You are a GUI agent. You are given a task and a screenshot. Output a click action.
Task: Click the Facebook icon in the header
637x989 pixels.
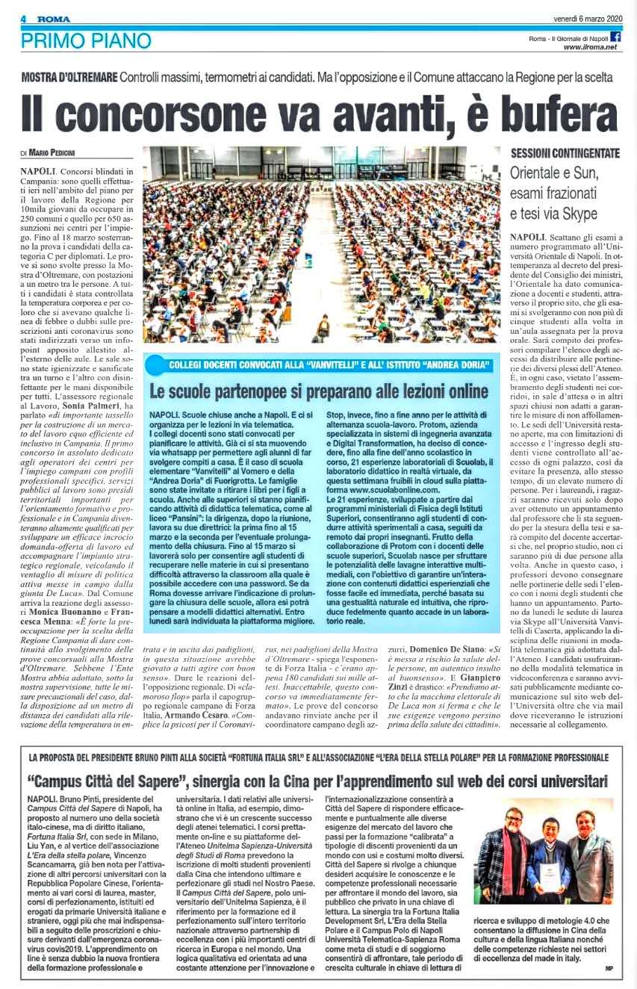616,37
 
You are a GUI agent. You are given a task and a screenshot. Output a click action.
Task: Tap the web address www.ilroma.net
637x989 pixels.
590,47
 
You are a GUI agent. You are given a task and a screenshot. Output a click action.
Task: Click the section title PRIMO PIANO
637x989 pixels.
86,40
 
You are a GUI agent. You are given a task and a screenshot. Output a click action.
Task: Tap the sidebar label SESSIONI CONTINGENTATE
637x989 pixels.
565,153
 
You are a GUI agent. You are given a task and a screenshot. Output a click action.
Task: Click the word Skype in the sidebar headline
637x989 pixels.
577,214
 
